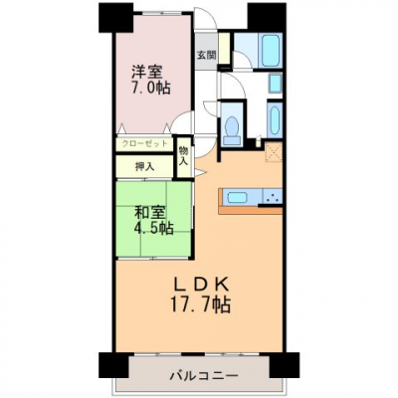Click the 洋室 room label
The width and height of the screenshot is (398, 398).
147,72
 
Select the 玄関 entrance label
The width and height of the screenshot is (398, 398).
207,55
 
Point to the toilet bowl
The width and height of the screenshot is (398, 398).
232,126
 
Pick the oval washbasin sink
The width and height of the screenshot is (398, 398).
275,121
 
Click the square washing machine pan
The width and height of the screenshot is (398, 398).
276,84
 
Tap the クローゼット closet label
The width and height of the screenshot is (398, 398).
144,144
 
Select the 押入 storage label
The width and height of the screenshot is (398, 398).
144,166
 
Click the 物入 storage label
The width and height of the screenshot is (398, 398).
183,156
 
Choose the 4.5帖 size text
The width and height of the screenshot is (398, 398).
153,228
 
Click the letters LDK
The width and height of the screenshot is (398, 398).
201,285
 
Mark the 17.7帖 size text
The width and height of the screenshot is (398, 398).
200,303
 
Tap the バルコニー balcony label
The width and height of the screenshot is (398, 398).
204,376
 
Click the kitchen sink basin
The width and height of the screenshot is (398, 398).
237,198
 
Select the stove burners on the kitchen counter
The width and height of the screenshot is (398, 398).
273,197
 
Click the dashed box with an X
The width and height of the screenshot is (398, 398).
274,152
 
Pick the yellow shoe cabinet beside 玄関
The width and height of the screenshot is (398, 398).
225,48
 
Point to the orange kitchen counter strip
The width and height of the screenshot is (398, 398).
251,210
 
